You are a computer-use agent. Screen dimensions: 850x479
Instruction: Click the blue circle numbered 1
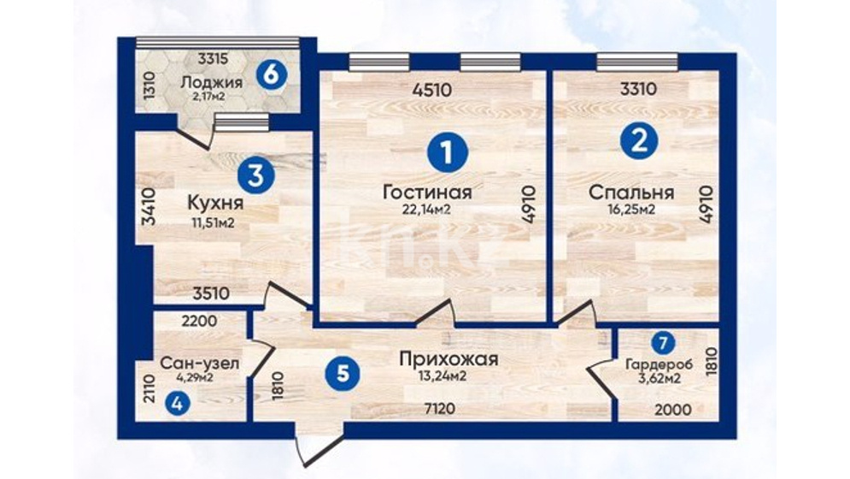tap(448, 152)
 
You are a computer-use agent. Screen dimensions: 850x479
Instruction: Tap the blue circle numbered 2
tap(639, 140)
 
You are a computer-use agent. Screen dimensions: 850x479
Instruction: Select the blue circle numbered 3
tap(256, 176)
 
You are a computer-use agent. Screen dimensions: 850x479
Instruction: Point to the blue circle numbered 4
tap(178, 404)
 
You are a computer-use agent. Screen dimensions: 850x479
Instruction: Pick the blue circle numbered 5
tap(343, 374)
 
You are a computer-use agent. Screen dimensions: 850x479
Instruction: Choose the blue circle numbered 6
tap(271, 74)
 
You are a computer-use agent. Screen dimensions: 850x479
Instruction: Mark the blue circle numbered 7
tap(663, 343)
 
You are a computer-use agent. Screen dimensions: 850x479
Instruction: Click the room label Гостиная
tap(427, 192)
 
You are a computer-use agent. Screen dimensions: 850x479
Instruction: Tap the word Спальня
tap(631, 192)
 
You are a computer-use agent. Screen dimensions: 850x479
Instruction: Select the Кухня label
tap(214, 204)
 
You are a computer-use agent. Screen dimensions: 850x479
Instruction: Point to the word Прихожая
tap(448, 359)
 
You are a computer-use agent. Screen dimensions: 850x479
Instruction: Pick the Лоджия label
tap(211, 83)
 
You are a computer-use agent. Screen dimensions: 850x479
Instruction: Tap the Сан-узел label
tap(200, 364)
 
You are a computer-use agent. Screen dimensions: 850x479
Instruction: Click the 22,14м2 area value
tap(427, 210)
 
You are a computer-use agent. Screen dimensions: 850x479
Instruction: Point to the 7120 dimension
tap(440, 408)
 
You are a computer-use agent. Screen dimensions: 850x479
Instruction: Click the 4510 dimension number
tap(431, 90)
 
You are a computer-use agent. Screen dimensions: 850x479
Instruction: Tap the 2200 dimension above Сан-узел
tap(199, 322)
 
